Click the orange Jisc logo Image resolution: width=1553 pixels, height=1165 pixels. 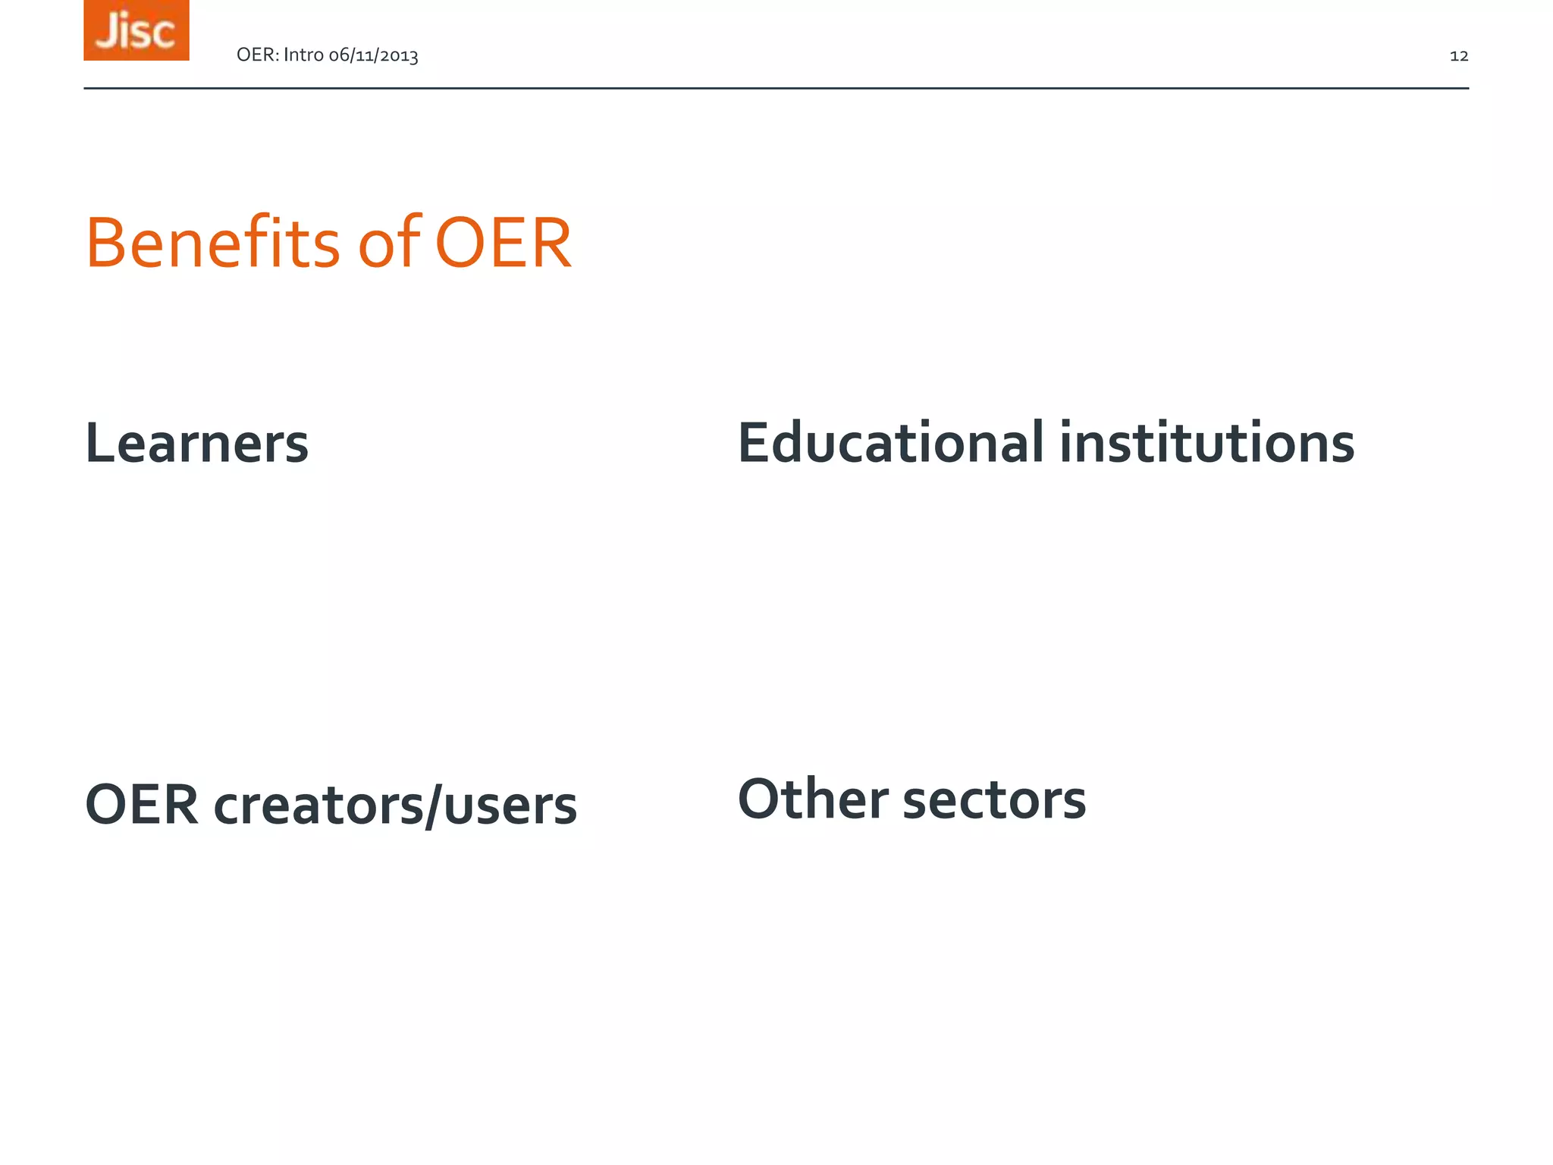tap(136, 30)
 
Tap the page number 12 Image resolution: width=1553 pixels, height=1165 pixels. tap(1459, 55)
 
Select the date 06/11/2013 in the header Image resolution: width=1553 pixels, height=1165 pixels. tap(373, 55)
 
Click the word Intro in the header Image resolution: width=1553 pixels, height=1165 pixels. tap(303, 55)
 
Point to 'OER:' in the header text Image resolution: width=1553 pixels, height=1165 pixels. tap(258, 55)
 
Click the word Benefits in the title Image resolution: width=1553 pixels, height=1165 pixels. tap(213, 243)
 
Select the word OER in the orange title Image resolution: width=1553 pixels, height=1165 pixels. tap(504, 243)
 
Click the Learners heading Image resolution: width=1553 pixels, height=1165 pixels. tap(197, 443)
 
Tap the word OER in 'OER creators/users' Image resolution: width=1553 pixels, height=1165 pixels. tap(143, 805)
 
